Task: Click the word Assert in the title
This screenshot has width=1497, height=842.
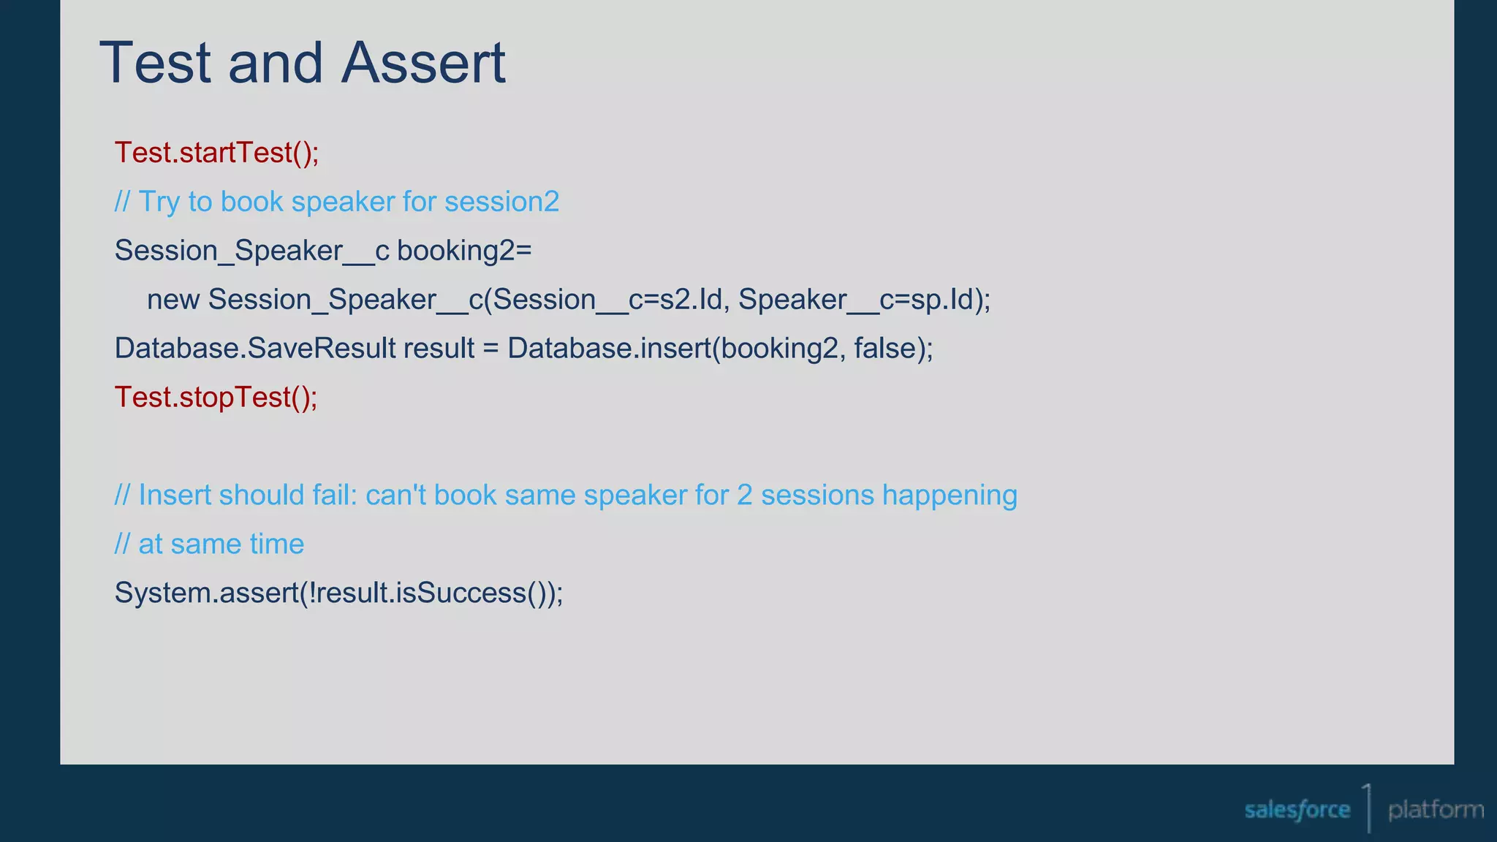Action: (423, 63)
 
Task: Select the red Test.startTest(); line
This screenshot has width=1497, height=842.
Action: (216, 153)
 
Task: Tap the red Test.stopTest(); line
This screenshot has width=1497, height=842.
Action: (216, 397)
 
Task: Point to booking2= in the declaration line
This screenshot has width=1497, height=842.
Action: (464, 251)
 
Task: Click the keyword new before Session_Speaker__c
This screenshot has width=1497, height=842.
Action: (173, 300)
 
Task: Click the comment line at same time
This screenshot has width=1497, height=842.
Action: (209, 545)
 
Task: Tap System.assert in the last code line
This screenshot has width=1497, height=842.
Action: (206, 593)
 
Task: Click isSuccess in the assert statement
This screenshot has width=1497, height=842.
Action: (461, 593)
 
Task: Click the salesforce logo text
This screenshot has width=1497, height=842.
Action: (1297, 810)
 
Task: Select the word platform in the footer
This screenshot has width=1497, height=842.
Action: (1436, 810)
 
